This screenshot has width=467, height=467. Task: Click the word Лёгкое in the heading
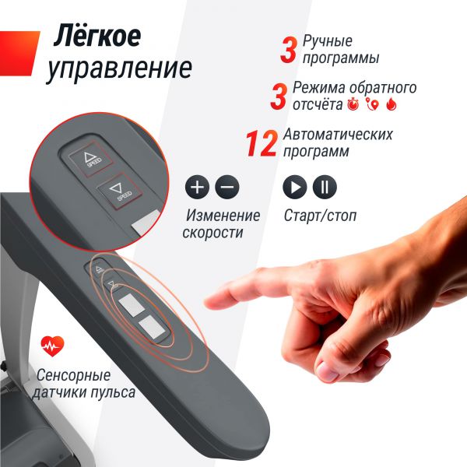[x=97, y=36]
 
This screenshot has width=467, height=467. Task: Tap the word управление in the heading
[x=119, y=68]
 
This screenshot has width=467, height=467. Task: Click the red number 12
[x=262, y=144]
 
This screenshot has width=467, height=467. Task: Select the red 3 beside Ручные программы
[x=289, y=50]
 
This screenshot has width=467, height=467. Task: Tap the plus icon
[x=197, y=187]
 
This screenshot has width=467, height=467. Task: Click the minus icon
[x=227, y=187]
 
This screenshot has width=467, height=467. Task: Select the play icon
[x=294, y=187]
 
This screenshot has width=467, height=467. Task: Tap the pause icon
[x=325, y=187]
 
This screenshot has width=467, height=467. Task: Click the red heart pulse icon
[x=52, y=346]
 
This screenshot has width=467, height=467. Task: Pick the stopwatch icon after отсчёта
[x=353, y=104]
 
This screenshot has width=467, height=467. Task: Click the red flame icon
[x=392, y=104]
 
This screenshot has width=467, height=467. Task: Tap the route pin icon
[x=373, y=104]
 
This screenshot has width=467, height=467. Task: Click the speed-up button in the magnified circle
[x=90, y=159]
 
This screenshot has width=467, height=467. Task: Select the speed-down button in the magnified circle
[x=119, y=191]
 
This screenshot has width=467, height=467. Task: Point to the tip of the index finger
[x=206, y=304]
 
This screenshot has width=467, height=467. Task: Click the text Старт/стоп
[x=320, y=216]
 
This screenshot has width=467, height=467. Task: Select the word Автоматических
[x=338, y=135]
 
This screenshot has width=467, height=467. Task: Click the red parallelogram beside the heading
[x=19, y=53]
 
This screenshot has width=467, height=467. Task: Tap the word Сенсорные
[x=73, y=375]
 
